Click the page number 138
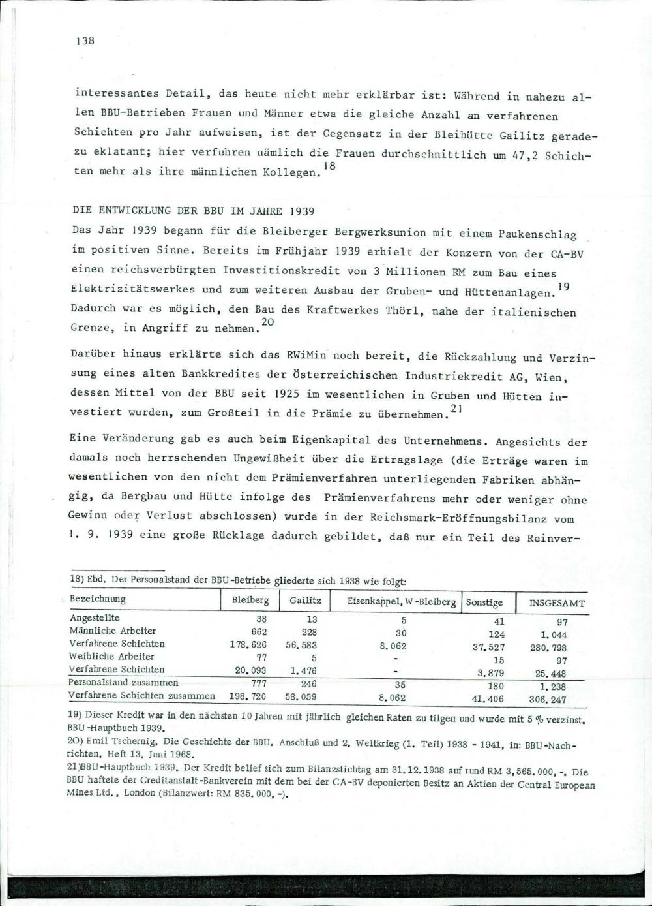pos(85,41)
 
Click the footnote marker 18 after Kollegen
pos(332,166)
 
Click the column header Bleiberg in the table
pos(250,601)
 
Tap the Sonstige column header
pos(484,602)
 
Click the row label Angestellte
pos(95,617)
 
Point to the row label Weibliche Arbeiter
pos(111,656)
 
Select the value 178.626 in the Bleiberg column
pos(250,644)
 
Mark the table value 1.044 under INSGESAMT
pos(554,634)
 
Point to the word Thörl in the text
pos(402,310)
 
